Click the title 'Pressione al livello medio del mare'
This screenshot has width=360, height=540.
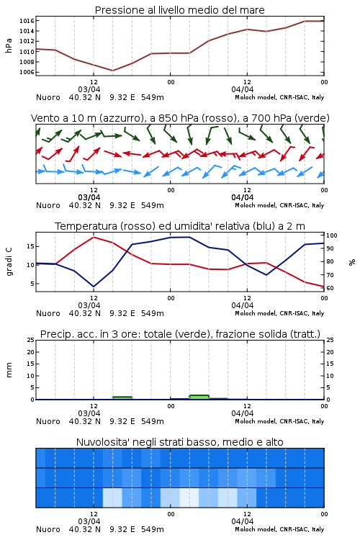coord(179,10)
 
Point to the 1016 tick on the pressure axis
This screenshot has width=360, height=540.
coord(27,21)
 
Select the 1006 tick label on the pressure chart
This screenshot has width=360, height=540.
coord(27,72)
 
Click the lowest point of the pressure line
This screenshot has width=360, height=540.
coord(112,71)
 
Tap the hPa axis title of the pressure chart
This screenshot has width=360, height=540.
coord(9,46)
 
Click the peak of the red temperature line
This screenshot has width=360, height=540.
coord(94,238)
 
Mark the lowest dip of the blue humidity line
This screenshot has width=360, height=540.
coord(94,287)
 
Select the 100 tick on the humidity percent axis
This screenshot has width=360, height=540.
coord(332,235)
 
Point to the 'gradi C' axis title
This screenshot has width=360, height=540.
coord(9,261)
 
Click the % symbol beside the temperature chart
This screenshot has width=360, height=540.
coord(352,262)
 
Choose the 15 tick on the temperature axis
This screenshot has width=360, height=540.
coord(30,246)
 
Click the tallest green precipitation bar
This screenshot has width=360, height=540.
coord(199,397)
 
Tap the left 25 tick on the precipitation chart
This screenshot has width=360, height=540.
coord(31,340)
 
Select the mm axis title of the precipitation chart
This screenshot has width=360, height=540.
coord(9,370)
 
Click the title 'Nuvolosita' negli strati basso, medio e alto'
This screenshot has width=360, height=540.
coord(179,442)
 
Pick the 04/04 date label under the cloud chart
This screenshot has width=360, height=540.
coord(243,521)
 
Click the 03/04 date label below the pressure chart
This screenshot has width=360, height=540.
coord(89,89)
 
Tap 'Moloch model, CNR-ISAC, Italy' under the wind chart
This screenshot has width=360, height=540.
coord(279,206)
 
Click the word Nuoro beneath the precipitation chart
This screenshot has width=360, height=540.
coord(48,421)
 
